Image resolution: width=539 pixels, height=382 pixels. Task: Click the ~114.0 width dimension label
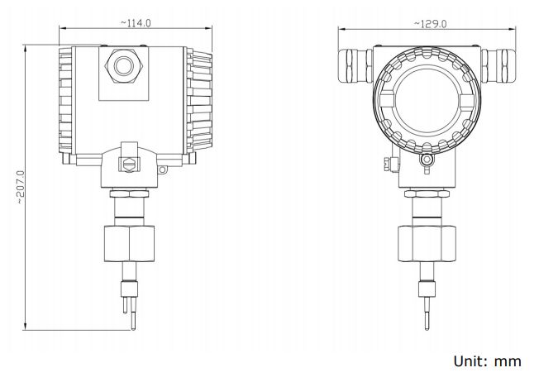(x=135, y=23)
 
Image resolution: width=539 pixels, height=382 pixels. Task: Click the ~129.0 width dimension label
(x=428, y=24)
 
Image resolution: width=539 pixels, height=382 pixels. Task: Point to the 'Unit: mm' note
(x=487, y=361)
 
